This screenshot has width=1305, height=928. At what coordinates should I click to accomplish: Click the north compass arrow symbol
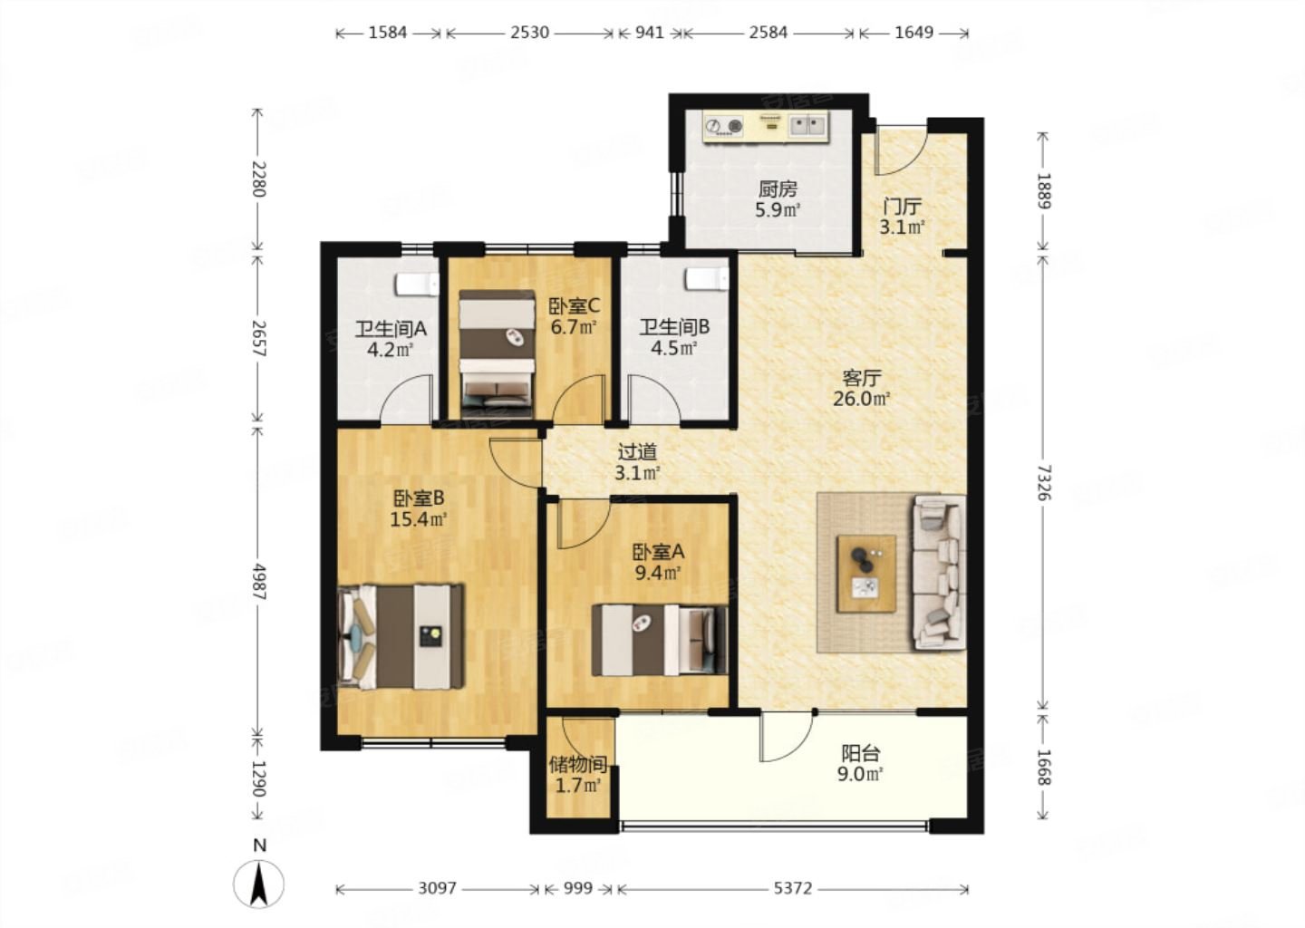[258, 884]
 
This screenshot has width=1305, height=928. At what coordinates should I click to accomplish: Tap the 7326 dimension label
[1043, 483]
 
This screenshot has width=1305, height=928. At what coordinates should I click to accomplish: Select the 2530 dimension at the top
[529, 33]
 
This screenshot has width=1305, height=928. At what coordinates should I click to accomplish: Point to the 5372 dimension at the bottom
[792, 888]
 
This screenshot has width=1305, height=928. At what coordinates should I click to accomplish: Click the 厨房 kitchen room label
[778, 188]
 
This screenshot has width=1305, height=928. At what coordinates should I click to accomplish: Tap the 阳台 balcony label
[861, 753]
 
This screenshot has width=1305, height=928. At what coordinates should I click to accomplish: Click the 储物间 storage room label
[578, 764]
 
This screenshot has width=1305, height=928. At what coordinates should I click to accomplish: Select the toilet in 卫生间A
[417, 285]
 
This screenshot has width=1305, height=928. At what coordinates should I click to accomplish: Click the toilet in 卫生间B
[707, 278]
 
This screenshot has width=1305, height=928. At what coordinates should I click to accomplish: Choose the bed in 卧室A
[660, 640]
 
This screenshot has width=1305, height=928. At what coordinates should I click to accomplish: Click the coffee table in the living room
[866, 574]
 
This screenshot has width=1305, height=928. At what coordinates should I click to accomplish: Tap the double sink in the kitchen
[808, 126]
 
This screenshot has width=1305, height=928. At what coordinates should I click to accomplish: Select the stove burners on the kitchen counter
[723, 126]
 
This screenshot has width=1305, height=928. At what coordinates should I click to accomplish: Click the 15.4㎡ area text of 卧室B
[419, 519]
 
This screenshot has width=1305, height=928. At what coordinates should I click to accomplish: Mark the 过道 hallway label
[637, 451]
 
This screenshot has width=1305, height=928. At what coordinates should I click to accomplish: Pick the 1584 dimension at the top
[388, 33]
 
